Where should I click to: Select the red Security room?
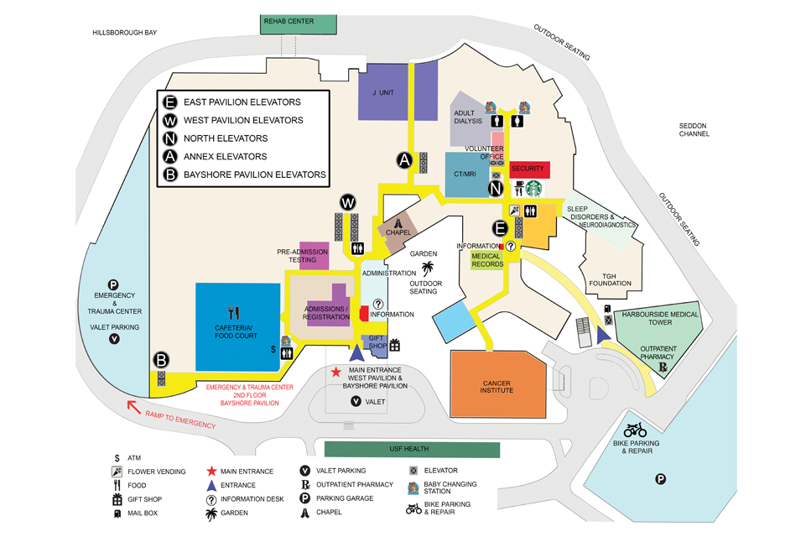pos(528,169)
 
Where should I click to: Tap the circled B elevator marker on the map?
pos(161,361)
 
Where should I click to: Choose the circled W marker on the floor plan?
pos(348,203)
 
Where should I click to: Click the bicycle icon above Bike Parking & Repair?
pos(635,430)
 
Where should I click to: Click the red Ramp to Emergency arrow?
pos(133,408)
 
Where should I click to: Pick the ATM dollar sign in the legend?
pos(117,457)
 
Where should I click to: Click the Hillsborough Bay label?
pos(126,32)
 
